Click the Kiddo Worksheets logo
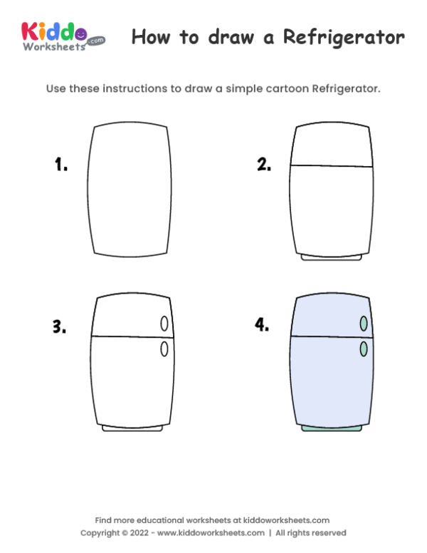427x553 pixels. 63,36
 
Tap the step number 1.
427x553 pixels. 61,165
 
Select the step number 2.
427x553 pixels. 264,165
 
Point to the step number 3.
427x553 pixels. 59,327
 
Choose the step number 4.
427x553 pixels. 262,326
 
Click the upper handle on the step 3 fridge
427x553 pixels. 164,324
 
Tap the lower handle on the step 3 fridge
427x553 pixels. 164,348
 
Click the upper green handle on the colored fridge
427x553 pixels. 364,324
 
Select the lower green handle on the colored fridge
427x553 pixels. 364,348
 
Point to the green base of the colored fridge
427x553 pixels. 332,428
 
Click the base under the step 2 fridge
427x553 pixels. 332,257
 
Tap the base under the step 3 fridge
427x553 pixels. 132,428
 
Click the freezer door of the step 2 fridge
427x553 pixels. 332,146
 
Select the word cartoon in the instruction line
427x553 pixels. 278,89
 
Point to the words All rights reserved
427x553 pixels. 311,533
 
